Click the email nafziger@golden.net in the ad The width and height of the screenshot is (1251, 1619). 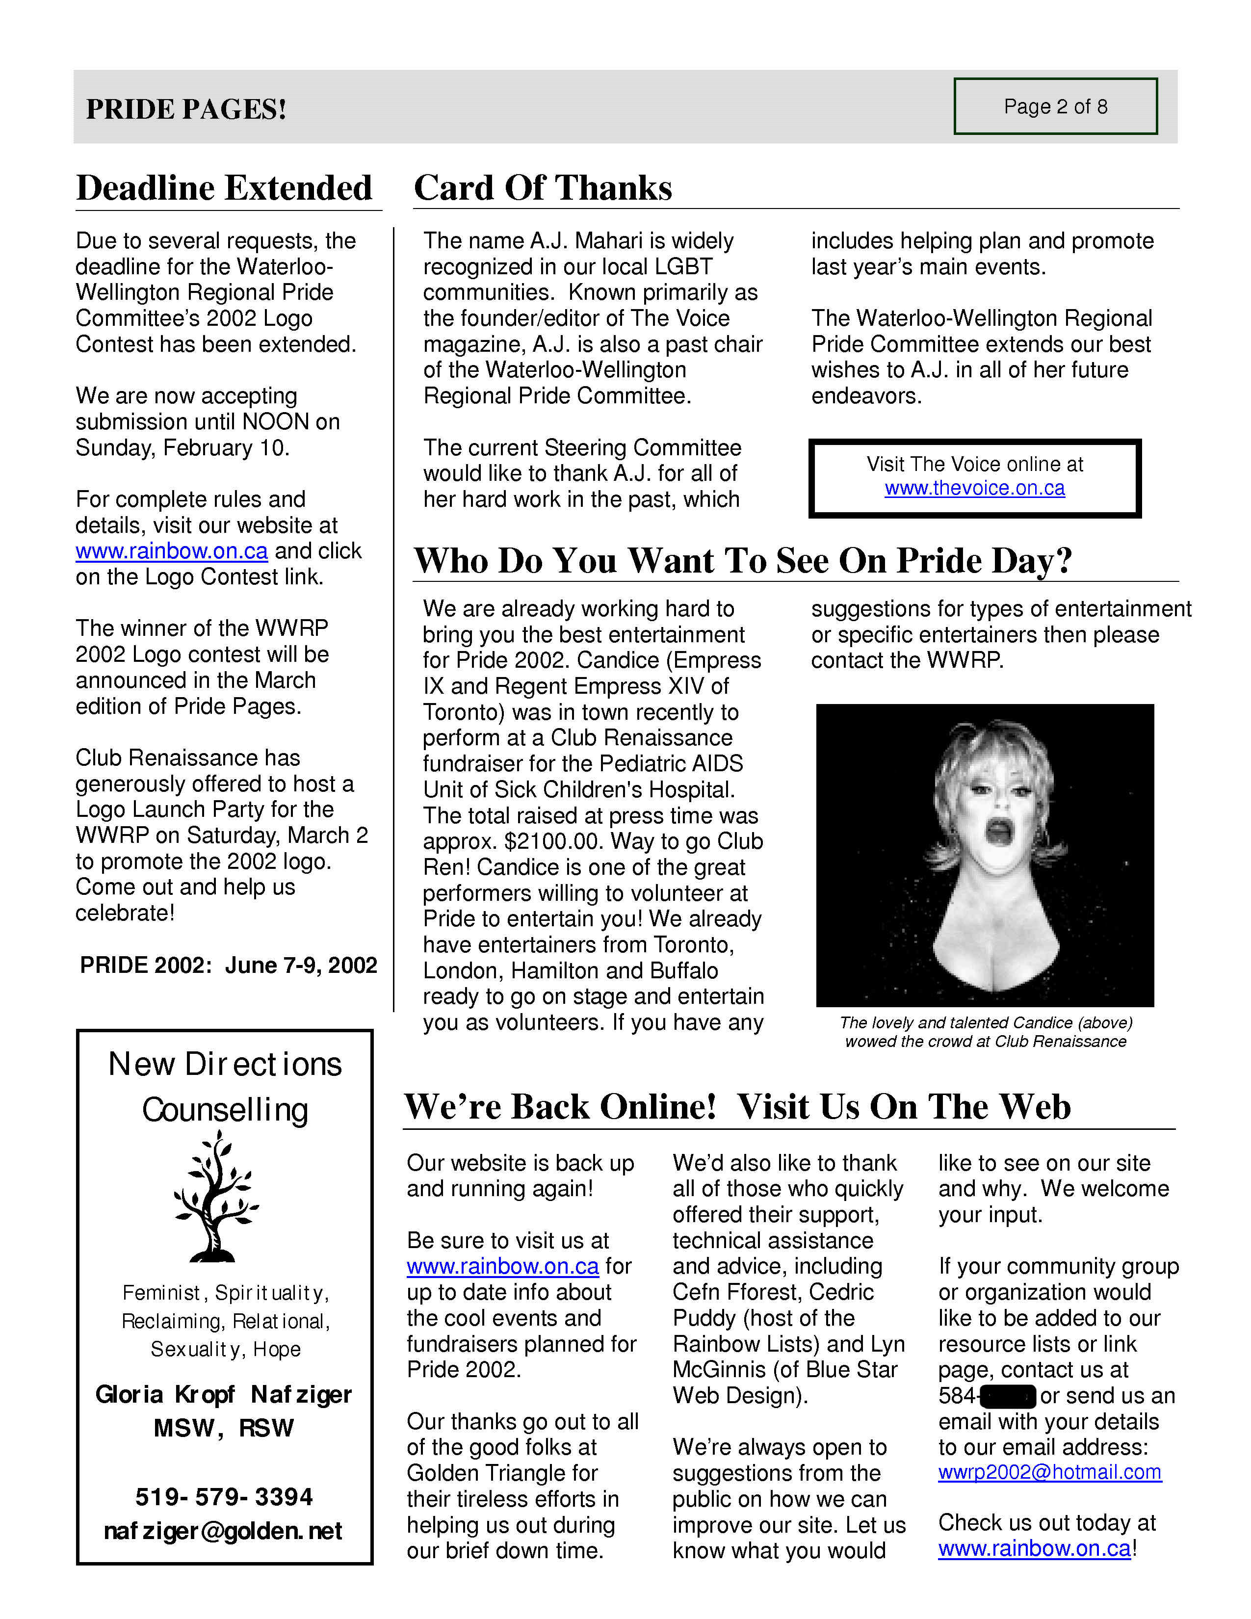(x=223, y=1531)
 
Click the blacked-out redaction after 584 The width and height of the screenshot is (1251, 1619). (x=1007, y=1396)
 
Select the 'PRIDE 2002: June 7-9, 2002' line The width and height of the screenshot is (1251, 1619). (x=228, y=965)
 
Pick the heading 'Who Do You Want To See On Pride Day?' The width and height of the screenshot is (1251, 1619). (x=743, y=560)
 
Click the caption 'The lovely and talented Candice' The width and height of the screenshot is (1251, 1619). (x=986, y=1023)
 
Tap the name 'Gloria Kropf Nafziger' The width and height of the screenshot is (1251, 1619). (x=223, y=1394)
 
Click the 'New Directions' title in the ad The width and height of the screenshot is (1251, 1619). (x=225, y=1065)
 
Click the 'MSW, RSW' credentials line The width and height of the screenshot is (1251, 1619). (x=224, y=1428)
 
